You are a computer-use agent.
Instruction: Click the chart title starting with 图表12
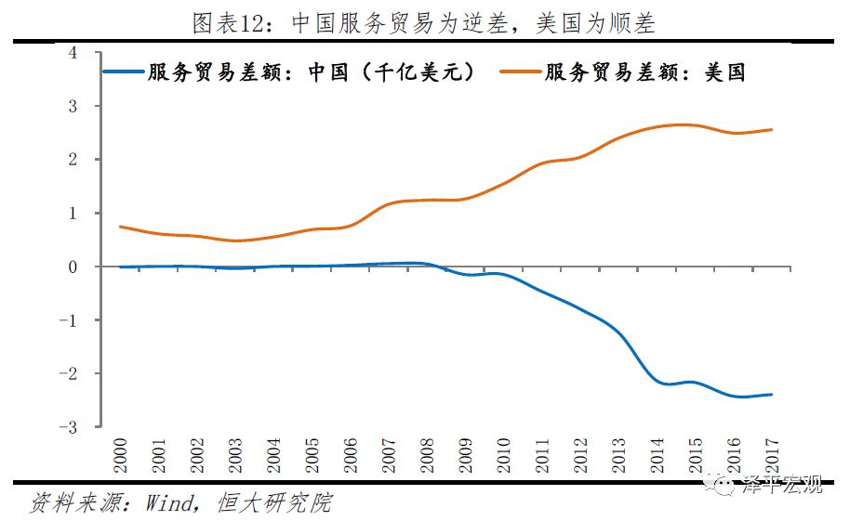[x=424, y=22]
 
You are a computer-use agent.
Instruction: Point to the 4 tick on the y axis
[x=73, y=53]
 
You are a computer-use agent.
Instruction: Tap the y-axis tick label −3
[x=69, y=427]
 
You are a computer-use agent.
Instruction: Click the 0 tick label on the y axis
[x=73, y=267]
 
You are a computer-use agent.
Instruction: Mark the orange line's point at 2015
[x=694, y=125]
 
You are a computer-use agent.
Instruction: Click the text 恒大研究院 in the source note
[x=273, y=503]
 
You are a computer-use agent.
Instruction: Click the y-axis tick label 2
[x=73, y=160]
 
